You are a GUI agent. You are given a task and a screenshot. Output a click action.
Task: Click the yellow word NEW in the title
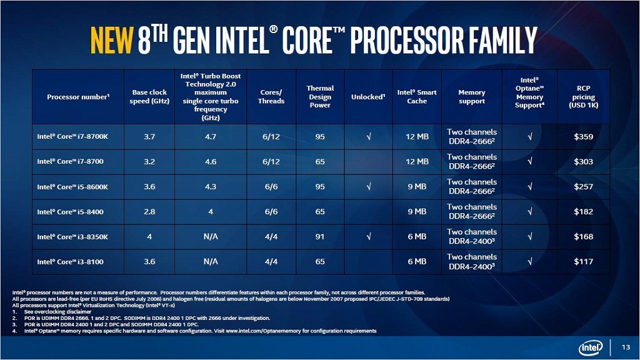111,40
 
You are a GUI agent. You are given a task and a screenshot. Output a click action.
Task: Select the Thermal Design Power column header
320,97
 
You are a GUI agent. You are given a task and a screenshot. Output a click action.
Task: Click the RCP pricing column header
583,97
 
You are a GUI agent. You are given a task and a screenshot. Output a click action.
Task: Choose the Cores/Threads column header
271,97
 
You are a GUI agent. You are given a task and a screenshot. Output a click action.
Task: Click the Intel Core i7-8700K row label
72,137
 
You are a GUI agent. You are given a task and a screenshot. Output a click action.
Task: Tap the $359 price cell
583,137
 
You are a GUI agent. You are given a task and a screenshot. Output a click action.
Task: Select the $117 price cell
583,262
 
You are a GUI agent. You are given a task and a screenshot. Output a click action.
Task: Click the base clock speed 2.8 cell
149,212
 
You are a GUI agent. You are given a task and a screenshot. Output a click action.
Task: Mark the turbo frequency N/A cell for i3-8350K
211,237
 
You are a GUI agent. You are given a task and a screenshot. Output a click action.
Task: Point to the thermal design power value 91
320,237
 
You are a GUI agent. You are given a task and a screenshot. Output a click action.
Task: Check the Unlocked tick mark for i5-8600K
369,187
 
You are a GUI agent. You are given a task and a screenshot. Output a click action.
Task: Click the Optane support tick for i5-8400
530,212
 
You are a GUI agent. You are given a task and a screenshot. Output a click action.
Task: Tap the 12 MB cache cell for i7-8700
417,162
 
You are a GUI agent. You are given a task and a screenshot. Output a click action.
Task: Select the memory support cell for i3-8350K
472,237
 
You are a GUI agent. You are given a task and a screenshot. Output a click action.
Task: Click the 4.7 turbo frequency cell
211,137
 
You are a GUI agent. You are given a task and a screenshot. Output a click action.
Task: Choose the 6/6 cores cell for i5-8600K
271,187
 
